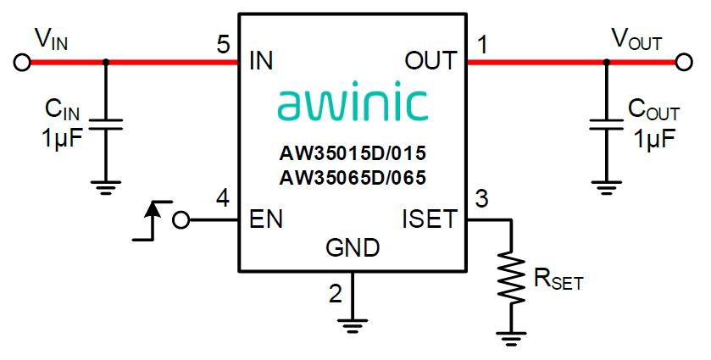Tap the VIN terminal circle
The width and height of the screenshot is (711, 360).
click(x=23, y=62)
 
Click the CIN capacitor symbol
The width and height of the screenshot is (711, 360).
click(x=106, y=124)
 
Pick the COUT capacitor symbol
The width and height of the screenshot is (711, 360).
click(x=605, y=124)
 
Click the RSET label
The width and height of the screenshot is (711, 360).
click(x=557, y=280)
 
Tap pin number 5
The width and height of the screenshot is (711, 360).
click(x=223, y=44)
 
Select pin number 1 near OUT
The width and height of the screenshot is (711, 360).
click(x=482, y=44)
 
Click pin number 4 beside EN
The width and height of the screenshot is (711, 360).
click(x=223, y=200)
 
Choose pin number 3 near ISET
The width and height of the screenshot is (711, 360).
click(x=482, y=200)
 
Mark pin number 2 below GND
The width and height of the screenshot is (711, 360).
click(x=336, y=293)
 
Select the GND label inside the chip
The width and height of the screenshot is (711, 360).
click(x=353, y=248)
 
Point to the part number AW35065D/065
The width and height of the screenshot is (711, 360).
click(x=353, y=178)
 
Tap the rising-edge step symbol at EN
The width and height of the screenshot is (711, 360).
click(x=150, y=222)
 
